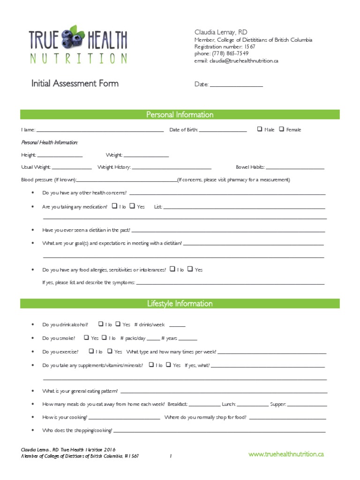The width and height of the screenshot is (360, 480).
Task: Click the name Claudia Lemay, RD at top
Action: click(x=221, y=32)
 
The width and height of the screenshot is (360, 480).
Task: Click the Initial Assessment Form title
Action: click(x=75, y=83)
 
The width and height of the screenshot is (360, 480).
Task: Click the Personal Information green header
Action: click(x=180, y=115)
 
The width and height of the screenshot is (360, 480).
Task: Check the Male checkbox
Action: click(x=260, y=129)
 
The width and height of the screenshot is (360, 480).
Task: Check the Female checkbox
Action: click(x=281, y=129)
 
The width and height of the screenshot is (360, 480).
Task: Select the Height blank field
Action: click(x=60, y=156)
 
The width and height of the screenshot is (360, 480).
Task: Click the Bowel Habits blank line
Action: click(x=295, y=168)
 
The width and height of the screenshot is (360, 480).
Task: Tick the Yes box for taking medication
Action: click(x=132, y=205)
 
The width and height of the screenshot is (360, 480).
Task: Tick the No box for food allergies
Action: click(x=172, y=269)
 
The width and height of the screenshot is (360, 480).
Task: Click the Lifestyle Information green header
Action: click(x=180, y=304)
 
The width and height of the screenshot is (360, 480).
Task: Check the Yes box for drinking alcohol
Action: click(x=118, y=323)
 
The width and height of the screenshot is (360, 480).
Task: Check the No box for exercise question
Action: click(x=91, y=351)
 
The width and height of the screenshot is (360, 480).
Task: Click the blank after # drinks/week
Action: click(x=177, y=326)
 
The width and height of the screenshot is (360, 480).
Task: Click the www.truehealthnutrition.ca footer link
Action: click(x=286, y=454)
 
